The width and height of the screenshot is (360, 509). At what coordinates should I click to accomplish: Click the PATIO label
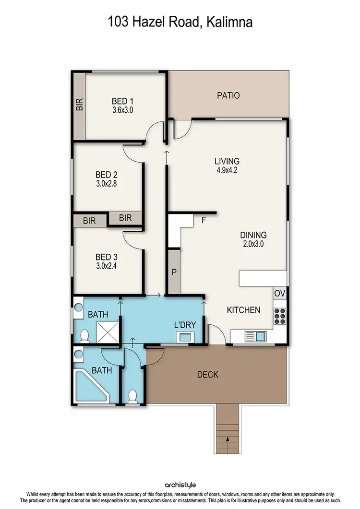228,95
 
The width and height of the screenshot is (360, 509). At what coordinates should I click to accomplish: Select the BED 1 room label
122,101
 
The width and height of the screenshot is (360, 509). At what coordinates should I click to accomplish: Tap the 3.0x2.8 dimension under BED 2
106,183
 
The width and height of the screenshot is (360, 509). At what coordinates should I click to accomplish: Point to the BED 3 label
106,255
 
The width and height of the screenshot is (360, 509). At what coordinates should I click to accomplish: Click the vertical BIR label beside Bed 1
79,105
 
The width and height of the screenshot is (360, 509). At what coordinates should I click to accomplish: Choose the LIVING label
227,161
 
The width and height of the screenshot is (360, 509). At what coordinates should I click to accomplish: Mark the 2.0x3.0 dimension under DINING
253,244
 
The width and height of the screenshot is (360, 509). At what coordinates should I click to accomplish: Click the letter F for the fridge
204,221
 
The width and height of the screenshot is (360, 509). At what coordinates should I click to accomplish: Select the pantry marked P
174,272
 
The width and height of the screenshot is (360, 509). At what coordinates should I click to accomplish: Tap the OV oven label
280,293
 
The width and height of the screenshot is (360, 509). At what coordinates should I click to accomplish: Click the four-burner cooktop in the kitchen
280,315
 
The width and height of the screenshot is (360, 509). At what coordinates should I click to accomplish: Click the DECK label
207,375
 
